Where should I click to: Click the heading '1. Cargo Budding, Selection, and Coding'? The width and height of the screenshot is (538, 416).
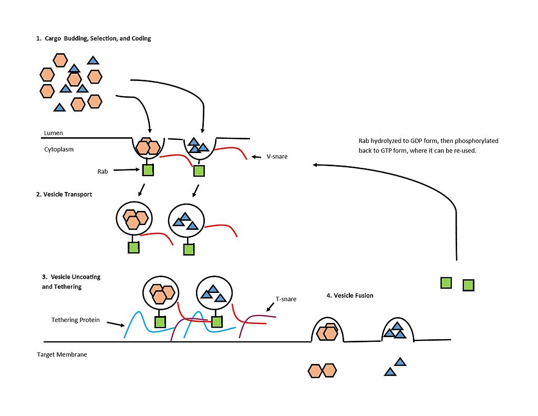pyautogui.click(x=94, y=38)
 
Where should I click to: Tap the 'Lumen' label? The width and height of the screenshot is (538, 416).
pyautogui.click(x=54, y=134)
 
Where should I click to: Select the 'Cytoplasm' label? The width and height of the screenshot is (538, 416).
pyautogui.click(x=59, y=149)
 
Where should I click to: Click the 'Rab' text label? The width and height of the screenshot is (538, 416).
pyautogui.click(x=102, y=171)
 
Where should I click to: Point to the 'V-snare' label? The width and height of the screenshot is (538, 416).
pyautogui.click(x=277, y=157)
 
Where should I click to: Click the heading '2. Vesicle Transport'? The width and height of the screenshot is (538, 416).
pyautogui.click(x=64, y=195)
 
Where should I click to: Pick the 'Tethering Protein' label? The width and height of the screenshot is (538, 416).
pyautogui.click(x=76, y=320)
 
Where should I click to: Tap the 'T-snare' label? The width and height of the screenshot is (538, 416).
pyautogui.click(x=286, y=299)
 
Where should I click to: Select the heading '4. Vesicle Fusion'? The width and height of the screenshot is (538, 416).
pyautogui.click(x=349, y=296)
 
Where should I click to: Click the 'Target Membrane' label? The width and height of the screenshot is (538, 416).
pyautogui.click(x=62, y=354)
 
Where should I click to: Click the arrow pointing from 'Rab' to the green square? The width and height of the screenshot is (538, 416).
pyautogui.click(x=127, y=170)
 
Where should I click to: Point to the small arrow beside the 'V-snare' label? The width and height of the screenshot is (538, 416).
pyautogui.click(x=257, y=157)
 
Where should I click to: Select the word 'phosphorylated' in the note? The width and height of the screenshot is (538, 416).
pyautogui.click(x=477, y=141)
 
